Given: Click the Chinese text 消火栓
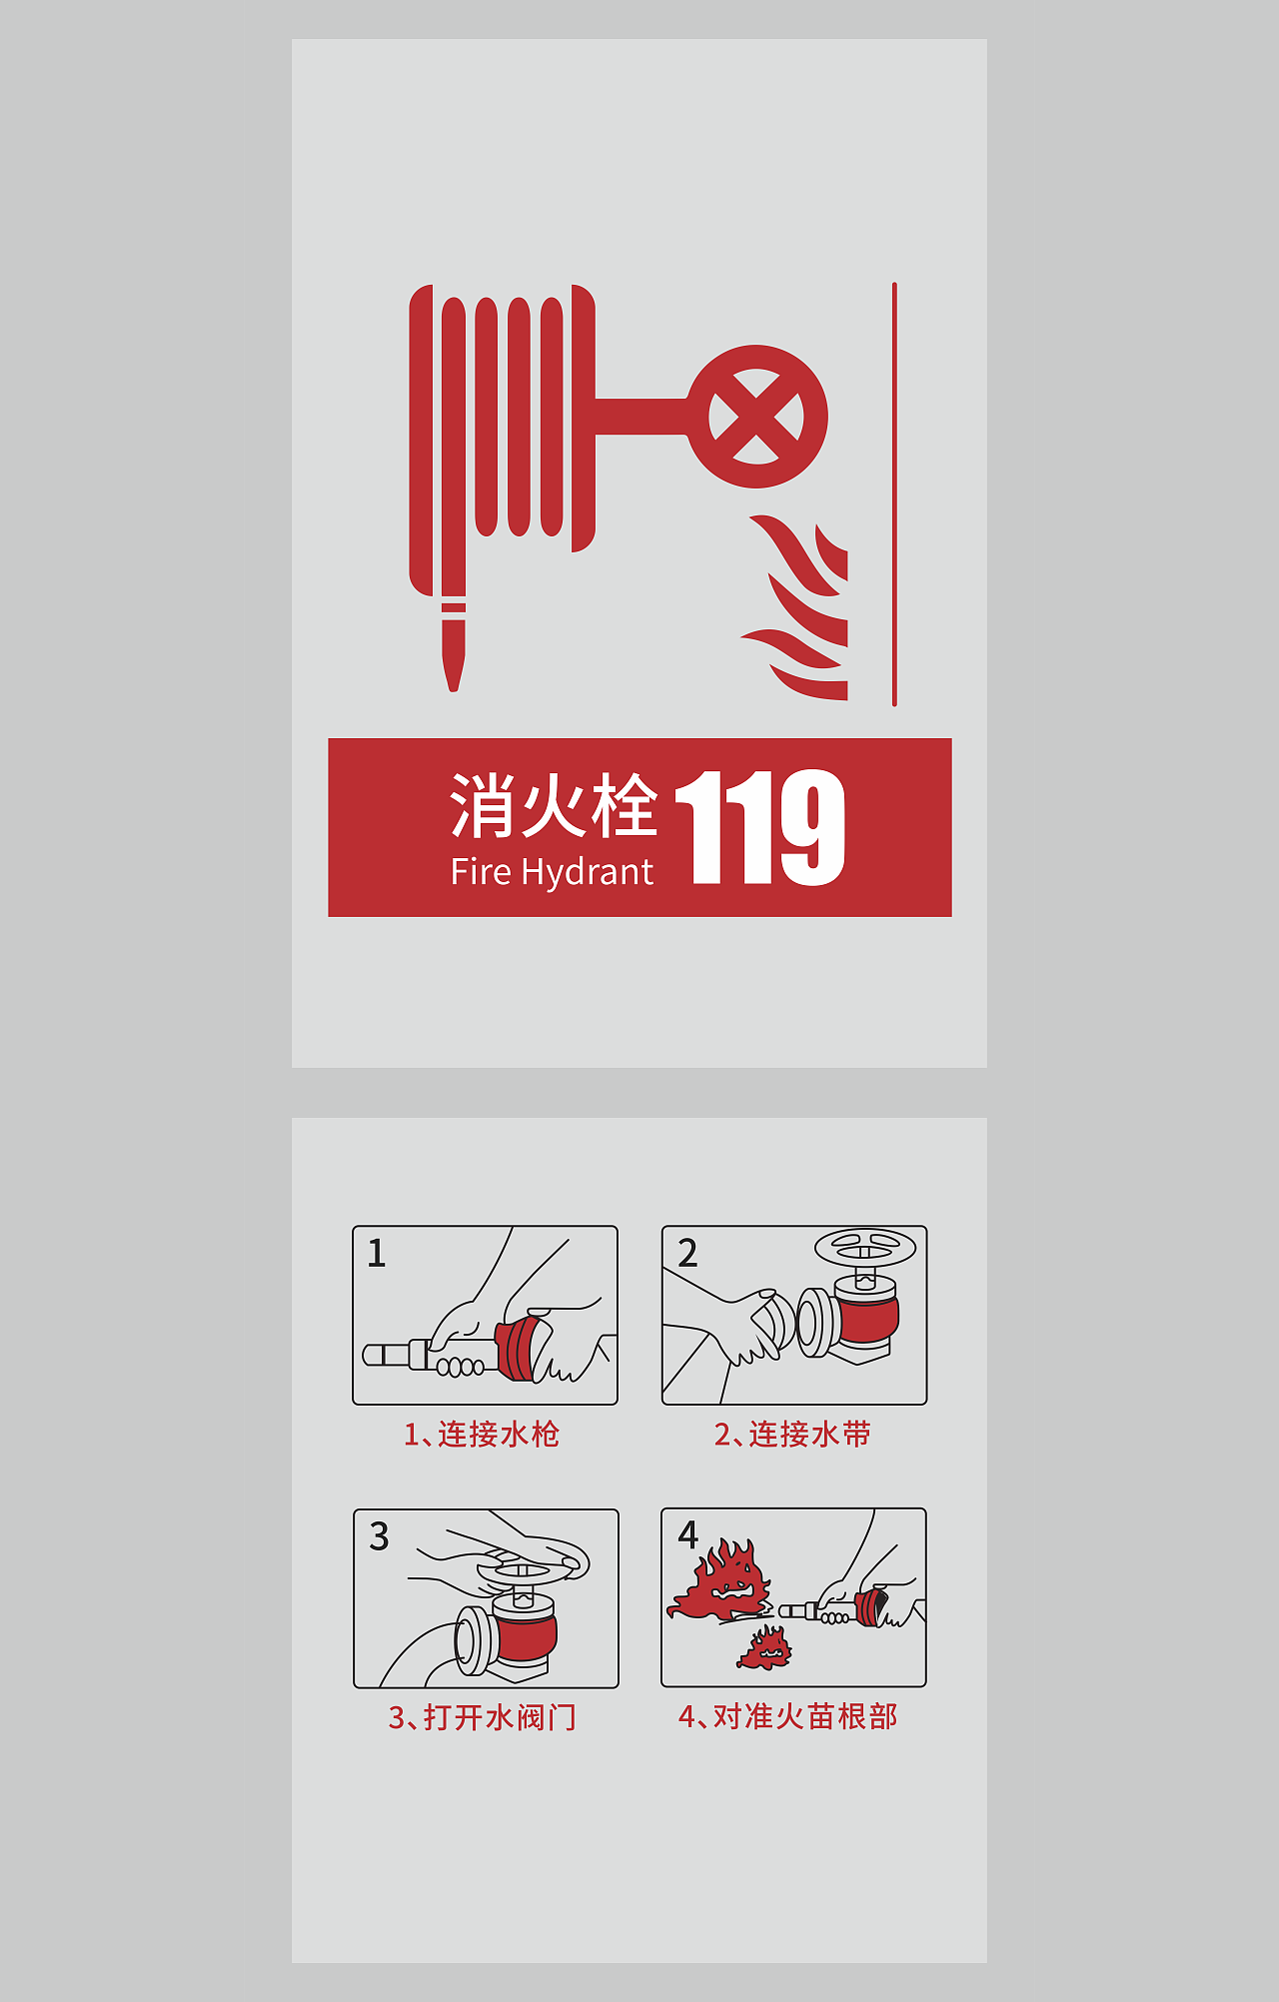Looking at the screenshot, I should (553, 805).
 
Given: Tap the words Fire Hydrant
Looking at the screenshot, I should (552, 872).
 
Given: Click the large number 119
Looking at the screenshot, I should (760, 827).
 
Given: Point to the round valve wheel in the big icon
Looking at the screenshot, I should (756, 417).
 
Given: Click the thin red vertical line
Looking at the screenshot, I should (894, 495).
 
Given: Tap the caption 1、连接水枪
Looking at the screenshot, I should (482, 1435).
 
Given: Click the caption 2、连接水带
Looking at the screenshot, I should (792, 1435).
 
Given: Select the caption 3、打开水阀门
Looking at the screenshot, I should (483, 1717).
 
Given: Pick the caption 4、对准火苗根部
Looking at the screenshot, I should (788, 1716).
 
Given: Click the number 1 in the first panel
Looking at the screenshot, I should (377, 1253).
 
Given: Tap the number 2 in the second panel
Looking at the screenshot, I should (687, 1253).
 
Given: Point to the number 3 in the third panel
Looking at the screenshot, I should (379, 1536).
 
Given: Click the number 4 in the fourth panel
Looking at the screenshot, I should (687, 1534).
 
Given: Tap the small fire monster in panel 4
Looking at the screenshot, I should (765, 1648).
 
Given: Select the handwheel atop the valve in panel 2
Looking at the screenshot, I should (865, 1248).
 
